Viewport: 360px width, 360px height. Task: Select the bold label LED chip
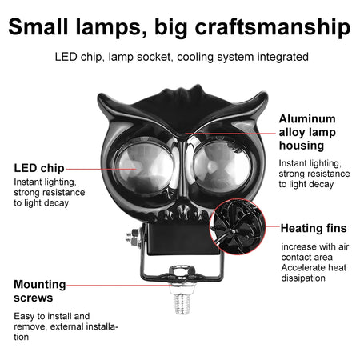(38, 168)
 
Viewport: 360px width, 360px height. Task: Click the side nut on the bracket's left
(130, 238)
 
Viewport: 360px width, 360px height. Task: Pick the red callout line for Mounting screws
(120, 284)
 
